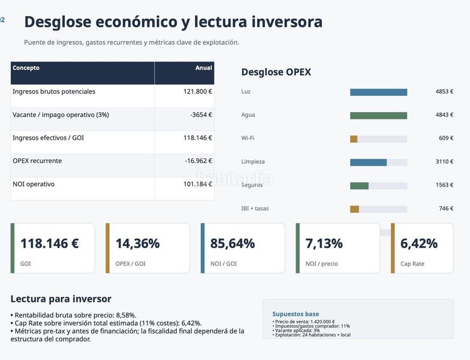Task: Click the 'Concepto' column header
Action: coord(26,68)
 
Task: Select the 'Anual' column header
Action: coord(204,68)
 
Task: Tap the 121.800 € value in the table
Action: coord(198,91)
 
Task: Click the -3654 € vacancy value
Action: coord(201,115)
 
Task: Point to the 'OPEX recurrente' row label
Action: coord(37,161)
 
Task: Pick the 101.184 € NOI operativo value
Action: coord(198,184)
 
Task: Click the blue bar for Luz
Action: coord(379,92)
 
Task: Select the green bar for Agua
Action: coord(379,115)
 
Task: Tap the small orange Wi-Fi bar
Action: coord(354,139)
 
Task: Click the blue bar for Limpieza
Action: coord(368,162)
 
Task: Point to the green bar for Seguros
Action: coord(360,186)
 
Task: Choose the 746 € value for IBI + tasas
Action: coord(446,209)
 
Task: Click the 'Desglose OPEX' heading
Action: coord(276,72)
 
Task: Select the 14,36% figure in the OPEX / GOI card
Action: coord(138,244)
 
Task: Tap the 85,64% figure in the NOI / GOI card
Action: coord(233,244)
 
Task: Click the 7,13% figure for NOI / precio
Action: coord(324,244)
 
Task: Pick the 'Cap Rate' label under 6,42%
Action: coord(412,264)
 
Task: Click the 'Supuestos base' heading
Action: coord(296,314)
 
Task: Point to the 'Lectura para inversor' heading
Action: coord(61,299)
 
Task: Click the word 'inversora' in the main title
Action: coord(287,22)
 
